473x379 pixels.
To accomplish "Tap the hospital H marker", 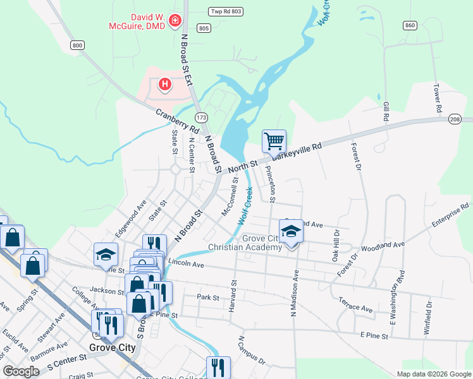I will click(x=164, y=83).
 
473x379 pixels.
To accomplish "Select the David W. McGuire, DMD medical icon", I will click(x=175, y=21).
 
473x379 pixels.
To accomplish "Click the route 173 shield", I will click(x=202, y=117).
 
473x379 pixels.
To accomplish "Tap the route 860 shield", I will click(x=410, y=25).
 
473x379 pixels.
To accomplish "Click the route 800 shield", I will click(x=77, y=45).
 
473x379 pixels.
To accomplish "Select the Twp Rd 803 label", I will click(x=226, y=11).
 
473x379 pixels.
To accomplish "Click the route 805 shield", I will click(x=204, y=28).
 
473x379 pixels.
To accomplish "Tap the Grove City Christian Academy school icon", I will click(x=291, y=231).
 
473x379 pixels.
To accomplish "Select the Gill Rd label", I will click(x=385, y=111).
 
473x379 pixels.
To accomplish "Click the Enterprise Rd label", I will click(x=450, y=215).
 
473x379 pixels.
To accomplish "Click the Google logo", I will click(x=21, y=371).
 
